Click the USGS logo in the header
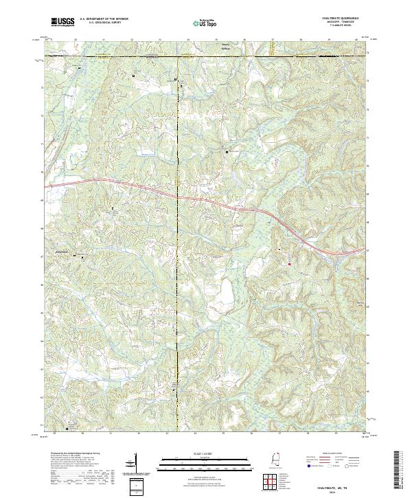pyautogui.click(x=62, y=22)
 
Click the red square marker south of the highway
pyautogui.click(x=289, y=264)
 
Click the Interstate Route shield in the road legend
pyautogui.click(x=308, y=464)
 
